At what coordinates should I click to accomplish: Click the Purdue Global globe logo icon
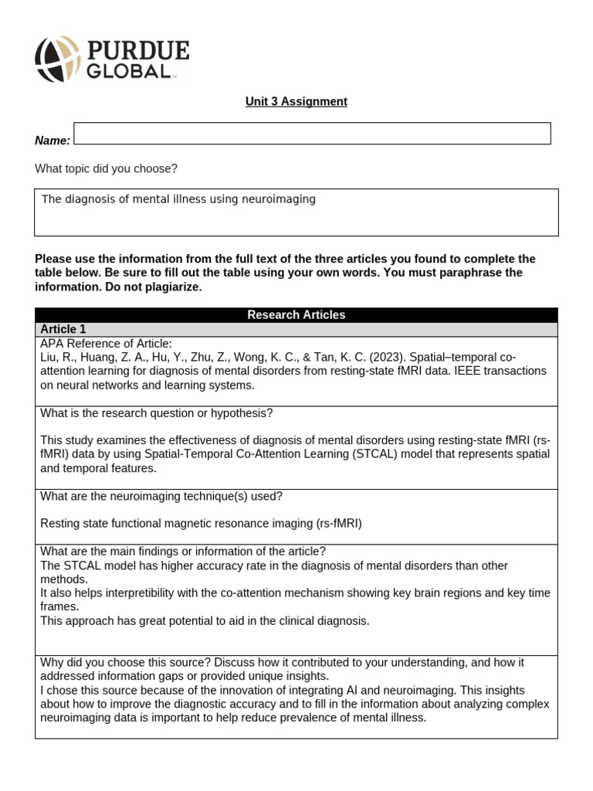tap(57, 59)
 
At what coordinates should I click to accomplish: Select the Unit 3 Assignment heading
tap(296, 101)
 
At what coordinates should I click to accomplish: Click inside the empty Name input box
tap(312, 133)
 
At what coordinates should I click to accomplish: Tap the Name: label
tap(53, 141)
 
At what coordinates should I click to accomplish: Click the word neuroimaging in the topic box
tap(279, 199)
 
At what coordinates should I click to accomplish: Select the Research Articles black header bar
tap(296, 314)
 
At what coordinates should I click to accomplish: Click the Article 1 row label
tap(63, 329)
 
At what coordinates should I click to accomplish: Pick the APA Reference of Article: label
tap(106, 344)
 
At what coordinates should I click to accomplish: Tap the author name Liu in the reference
tap(49, 357)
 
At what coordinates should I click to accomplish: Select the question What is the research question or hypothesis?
tap(156, 413)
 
